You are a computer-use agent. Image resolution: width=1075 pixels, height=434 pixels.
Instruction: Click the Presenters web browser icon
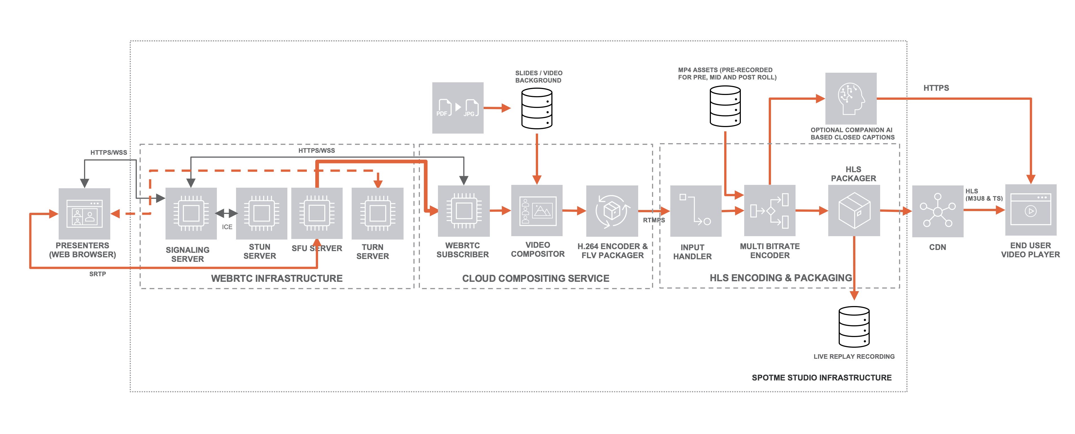click(84, 213)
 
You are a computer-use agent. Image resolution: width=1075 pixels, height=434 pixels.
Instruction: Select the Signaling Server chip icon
click(191, 213)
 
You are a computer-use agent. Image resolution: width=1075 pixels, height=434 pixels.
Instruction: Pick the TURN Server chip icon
click(377, 213)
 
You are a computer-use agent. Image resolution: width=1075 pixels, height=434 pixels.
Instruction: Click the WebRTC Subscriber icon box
click(464, 211)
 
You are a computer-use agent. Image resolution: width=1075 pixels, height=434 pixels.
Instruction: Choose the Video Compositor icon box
click(537, 211)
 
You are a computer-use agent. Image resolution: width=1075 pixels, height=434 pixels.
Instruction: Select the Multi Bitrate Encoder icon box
click(770, 211)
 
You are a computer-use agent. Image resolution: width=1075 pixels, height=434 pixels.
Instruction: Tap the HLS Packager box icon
click(854, 211)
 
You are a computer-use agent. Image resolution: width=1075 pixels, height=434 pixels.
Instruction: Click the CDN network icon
click(938, 211)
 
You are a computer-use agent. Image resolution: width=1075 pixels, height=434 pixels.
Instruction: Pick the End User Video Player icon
click(1031, 210)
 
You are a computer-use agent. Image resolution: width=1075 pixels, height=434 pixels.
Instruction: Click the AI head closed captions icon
click(851, 98)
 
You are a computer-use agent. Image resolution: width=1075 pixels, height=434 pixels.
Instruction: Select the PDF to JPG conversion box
click(458, 108)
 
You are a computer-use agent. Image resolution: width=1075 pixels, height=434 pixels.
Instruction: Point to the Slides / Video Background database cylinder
click(537, 108)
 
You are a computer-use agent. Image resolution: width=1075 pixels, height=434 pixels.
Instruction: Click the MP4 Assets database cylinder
click(725, 106)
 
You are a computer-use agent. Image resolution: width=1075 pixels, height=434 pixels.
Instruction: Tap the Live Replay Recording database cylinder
click(854, 327)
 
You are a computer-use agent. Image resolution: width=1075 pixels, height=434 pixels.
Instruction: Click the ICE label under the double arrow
click(227, 227)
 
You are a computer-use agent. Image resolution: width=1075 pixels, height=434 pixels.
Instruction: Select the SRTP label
click(98, 274)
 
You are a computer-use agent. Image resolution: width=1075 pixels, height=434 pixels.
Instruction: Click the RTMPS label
click(653, 220)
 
